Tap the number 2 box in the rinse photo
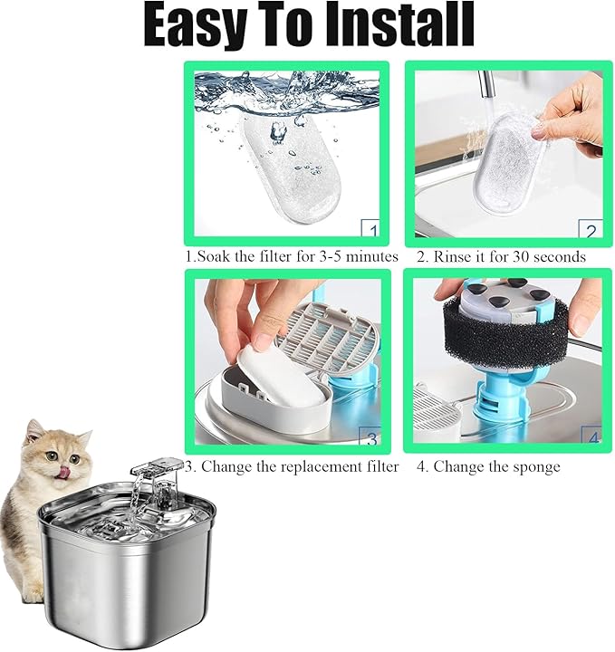tap(590, 232)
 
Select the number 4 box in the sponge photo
tap(591, 438)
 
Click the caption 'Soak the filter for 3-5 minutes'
tap(292, 256)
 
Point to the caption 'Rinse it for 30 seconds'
tap(501, 256)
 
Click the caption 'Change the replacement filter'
tap(292, 466)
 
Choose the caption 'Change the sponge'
tap(488, 466)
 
